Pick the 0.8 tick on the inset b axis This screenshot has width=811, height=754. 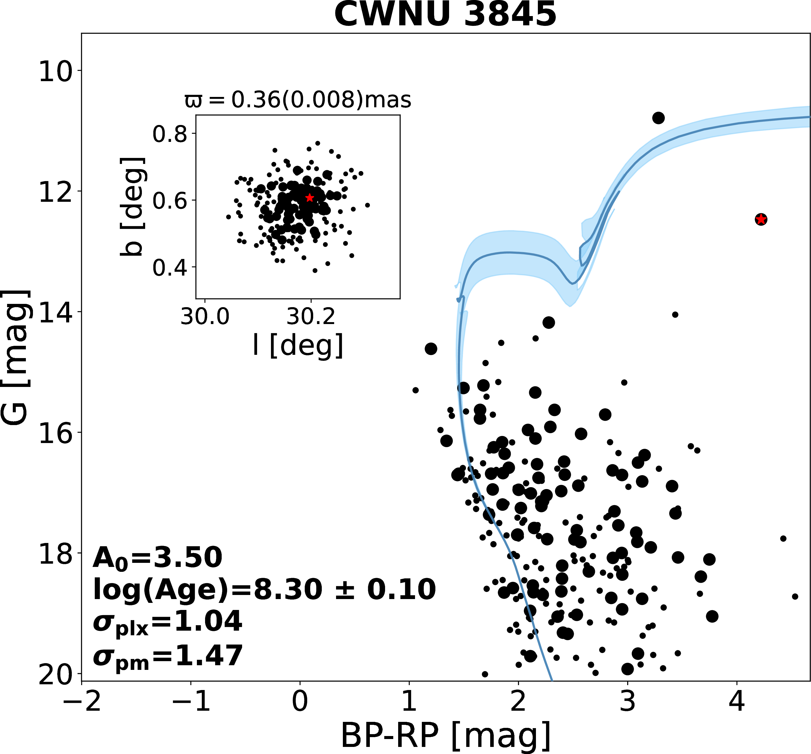170,134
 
